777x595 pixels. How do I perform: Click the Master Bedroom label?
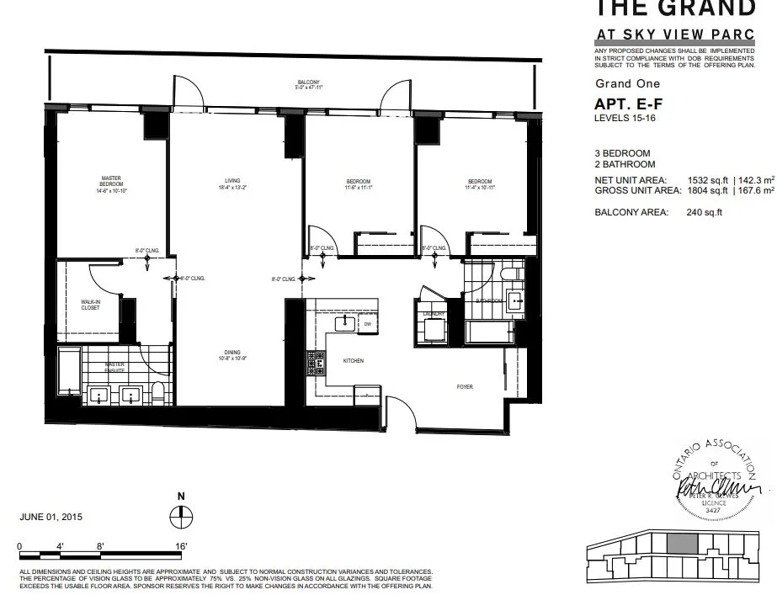coord(111,182)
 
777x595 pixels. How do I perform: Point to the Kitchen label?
coord(354,360)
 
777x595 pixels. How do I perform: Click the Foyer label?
coord(465,387)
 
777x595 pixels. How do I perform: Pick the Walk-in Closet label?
coord(90,304)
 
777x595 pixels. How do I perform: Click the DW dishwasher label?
coord(368,324)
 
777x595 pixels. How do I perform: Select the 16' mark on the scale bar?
coord(181,546)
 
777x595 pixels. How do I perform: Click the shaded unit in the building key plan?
coord(682,544)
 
